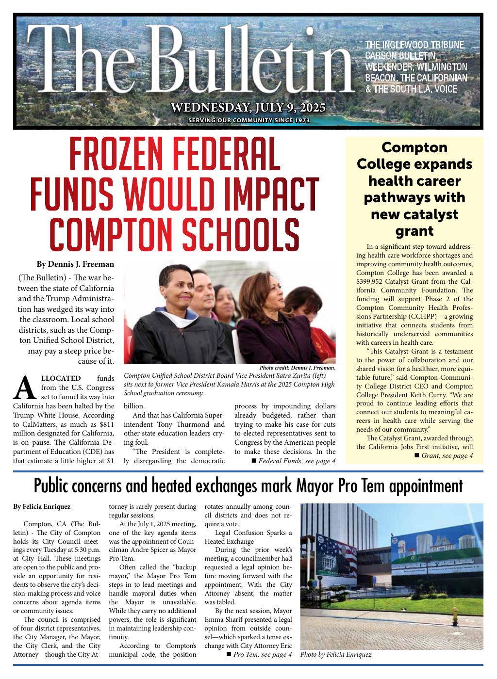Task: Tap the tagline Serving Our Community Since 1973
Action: (248, 121)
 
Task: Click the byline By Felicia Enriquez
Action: (42, 507)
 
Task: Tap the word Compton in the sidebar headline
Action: (414, 147)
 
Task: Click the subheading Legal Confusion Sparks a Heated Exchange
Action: (248, 537)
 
